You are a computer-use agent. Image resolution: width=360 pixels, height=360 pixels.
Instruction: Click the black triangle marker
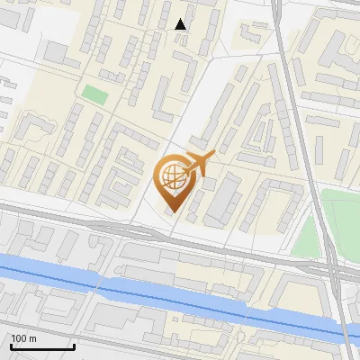[181, 24]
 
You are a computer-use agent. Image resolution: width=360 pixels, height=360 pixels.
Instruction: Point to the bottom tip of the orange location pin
[171, 215]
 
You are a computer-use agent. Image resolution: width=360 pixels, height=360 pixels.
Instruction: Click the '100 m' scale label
[23, 338]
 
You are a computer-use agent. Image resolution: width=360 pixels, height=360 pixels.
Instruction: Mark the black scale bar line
[41, 347]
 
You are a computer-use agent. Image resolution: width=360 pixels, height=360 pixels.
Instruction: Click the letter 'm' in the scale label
[32, 338]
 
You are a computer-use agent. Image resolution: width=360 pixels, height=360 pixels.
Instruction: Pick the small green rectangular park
[94, 93]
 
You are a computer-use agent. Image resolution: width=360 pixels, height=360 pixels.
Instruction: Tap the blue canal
[135, 287]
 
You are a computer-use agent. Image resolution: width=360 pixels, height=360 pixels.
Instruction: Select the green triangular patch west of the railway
[309, 236]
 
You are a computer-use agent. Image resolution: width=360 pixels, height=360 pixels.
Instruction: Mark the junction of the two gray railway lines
[328, 266]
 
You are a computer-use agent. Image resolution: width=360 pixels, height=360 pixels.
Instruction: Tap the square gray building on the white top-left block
[56, 52]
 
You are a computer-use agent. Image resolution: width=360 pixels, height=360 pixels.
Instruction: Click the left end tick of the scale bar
[10, 346]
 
